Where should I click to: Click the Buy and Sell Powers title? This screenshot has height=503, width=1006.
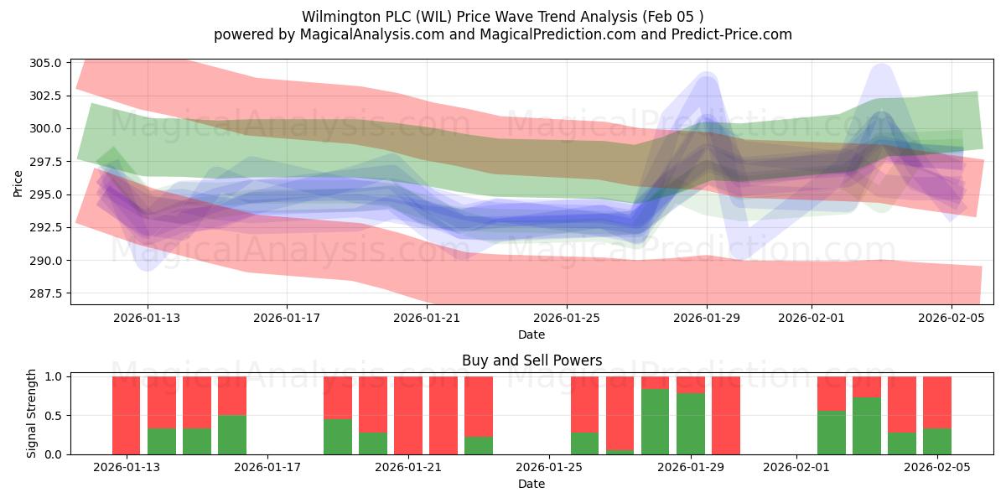[532, 361]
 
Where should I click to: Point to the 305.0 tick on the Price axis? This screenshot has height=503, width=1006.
[46, 63]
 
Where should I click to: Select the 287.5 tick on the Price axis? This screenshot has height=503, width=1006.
[46, 293]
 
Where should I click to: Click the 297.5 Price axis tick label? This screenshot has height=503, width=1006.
[46, 162]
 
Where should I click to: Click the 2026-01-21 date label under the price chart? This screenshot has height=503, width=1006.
[427, 318]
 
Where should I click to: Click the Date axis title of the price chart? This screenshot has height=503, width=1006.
[532, 334]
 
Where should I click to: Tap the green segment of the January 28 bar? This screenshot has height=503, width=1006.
[656, 422]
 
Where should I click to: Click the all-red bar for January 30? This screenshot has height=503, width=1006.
[726, 415]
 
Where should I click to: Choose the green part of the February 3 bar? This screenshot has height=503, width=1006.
[867, 426]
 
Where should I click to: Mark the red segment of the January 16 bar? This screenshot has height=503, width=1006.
[232, 396]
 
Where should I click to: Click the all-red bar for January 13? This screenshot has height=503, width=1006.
[127, 415]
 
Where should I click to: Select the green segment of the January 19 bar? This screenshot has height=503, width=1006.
[338, 437]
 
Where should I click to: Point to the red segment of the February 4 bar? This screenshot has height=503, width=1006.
[902, 404]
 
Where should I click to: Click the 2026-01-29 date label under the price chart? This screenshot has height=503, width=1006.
[707, 318]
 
